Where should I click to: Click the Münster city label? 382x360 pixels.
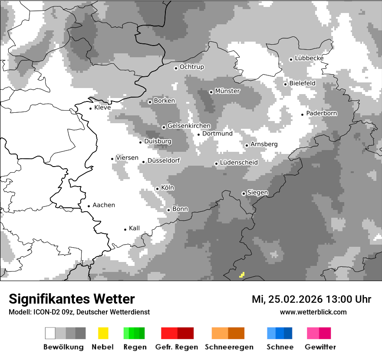(227, 91)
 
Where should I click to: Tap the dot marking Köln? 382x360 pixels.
(158, 189)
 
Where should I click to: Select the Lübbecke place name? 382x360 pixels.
(309, 58)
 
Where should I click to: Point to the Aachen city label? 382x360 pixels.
(104, 205)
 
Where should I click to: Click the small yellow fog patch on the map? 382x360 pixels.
(242, 275)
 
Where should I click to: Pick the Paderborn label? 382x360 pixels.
(322, 113)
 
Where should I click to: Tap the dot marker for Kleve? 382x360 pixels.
(91, 108)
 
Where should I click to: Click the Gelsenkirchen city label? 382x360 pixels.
(189, 126)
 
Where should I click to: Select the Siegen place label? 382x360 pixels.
(257, 193)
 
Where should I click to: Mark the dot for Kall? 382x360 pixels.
(125, 229)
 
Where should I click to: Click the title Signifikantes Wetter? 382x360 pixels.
(72, 299)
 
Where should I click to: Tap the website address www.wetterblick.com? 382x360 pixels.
(313, 312)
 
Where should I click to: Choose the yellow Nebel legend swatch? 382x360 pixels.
(103, 333)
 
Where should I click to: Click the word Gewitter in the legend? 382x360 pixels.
(320, 347)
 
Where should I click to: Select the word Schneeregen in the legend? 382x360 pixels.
(229, 347)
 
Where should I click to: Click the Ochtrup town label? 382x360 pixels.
(192, 67)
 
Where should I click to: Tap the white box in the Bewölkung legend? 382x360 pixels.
(50, 333)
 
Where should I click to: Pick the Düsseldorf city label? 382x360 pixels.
(164, 160)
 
